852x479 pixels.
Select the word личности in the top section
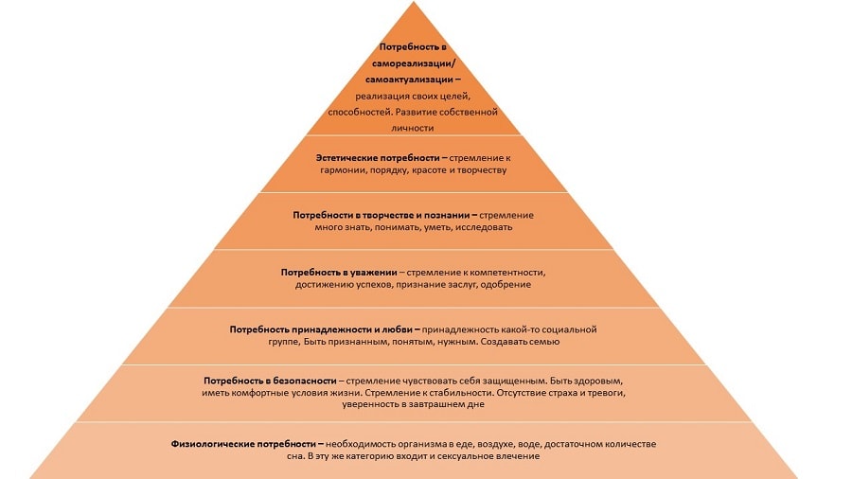[411, 127]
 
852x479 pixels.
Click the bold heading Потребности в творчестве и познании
[382, 215]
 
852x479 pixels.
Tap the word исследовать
[484, 228]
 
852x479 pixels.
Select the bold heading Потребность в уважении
[339, 272]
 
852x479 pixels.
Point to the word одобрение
[508, 284]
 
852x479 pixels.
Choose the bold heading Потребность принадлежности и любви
[325, 328]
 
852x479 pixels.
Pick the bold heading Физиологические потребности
[242, 444]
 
